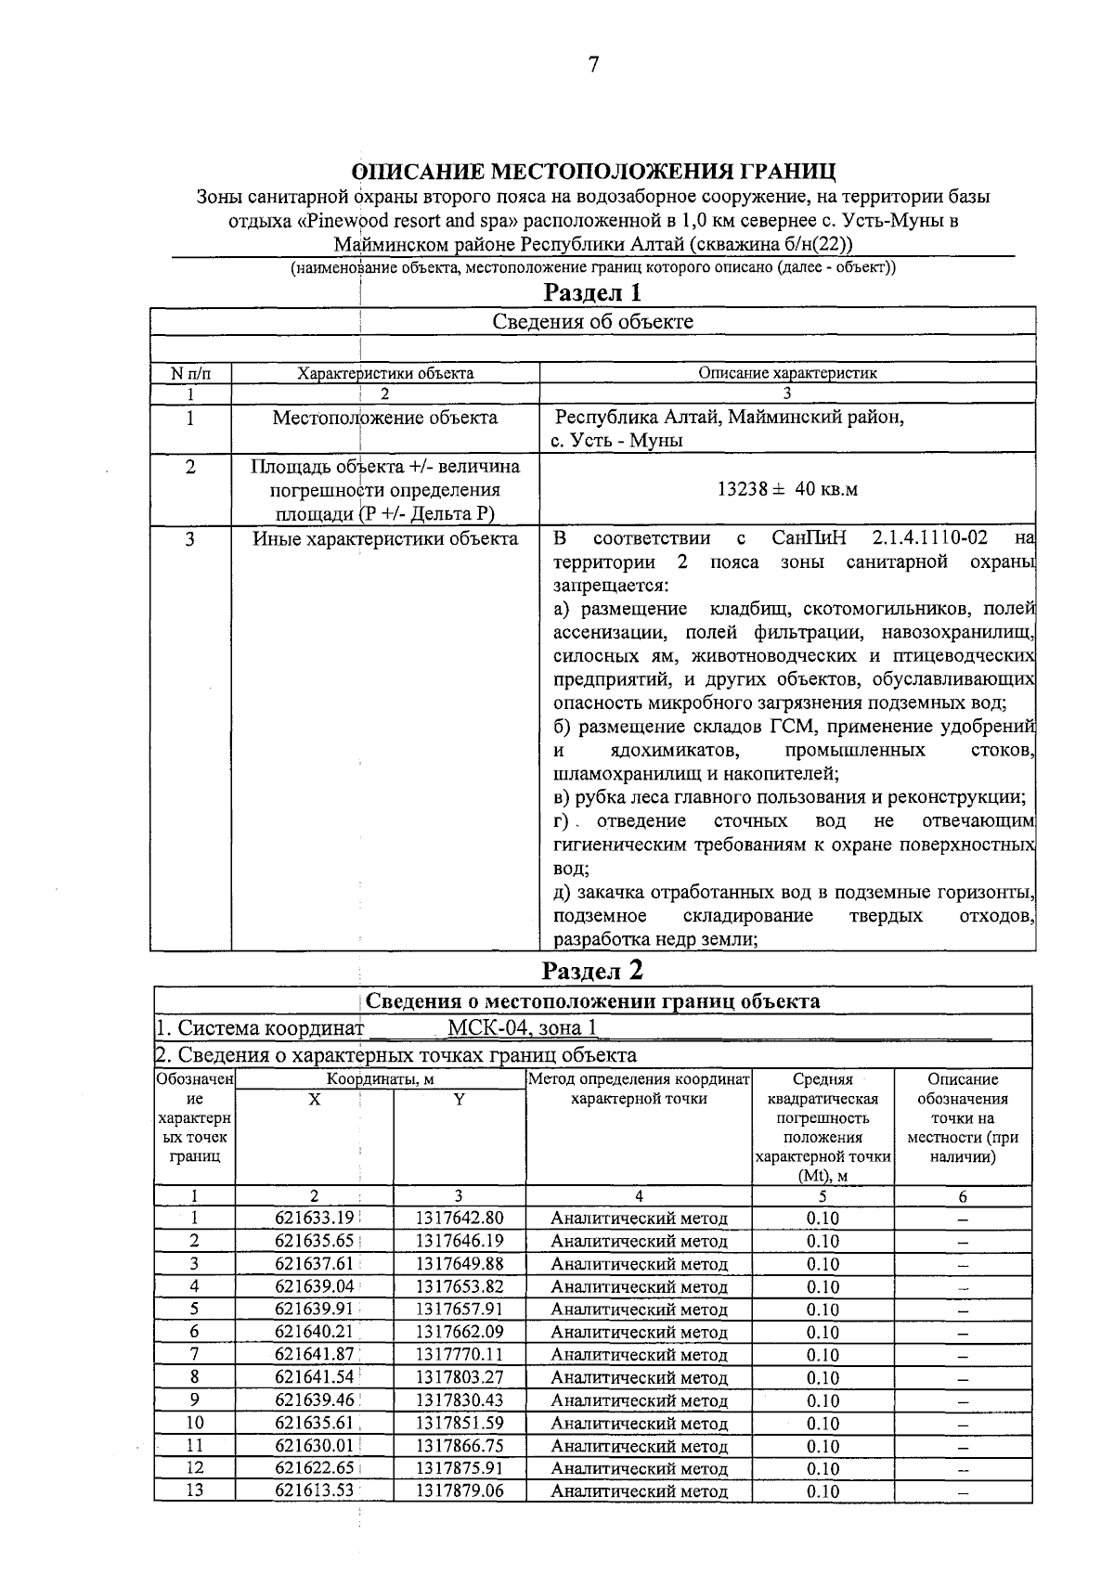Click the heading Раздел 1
592,293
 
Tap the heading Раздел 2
592,971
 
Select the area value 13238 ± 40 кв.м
787,489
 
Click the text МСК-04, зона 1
522,1027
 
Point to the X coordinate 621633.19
314,1219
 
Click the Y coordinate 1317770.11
460,1355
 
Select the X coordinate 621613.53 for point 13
314,1491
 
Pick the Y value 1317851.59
460,1423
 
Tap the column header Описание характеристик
787,373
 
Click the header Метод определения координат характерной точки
639,1089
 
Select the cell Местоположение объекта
384,418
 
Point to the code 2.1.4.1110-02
930,538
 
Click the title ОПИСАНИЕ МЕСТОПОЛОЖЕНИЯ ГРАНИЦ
593,173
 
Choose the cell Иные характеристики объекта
385,539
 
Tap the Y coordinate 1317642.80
460,1219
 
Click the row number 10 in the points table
195,1423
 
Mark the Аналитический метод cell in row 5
639,1310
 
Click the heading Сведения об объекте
592,321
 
